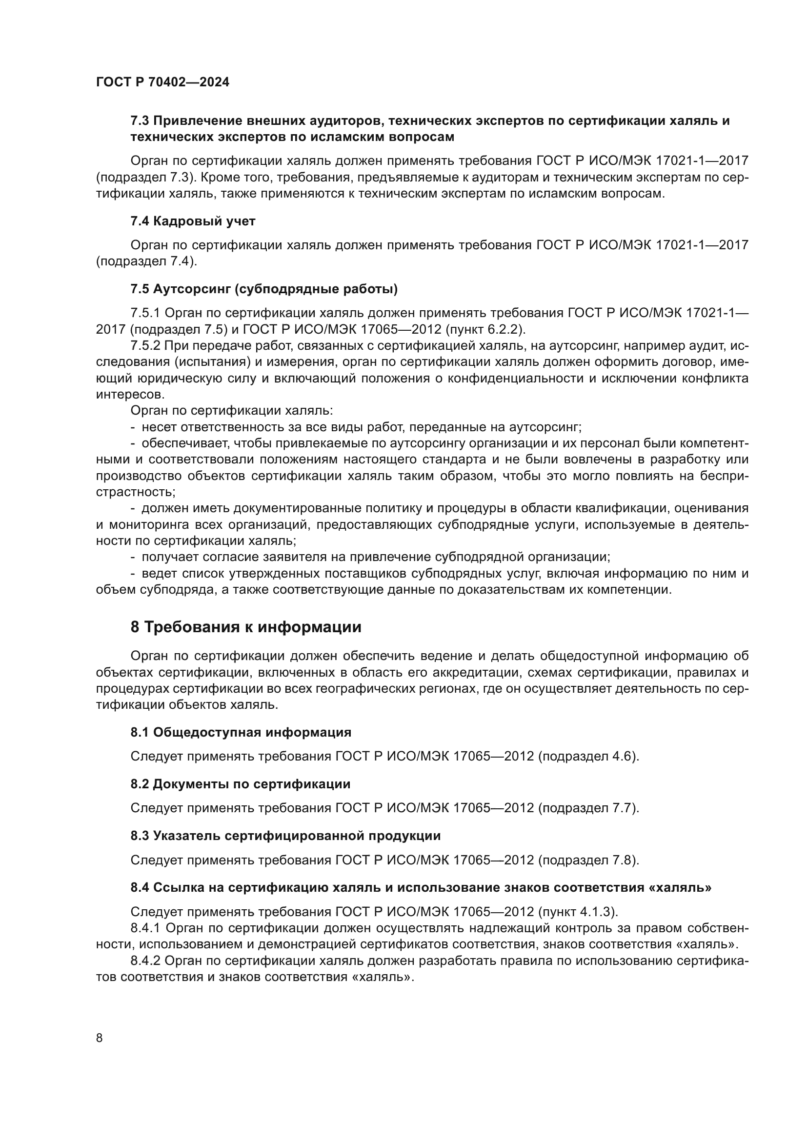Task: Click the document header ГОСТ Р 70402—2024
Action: [162, 82]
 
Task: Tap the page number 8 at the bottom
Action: [100, 1038]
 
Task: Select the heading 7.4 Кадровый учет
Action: [193, 221]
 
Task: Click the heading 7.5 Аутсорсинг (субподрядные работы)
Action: [264, 289]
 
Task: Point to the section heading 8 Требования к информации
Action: [246, 628]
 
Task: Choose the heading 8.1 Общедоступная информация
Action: [241, 732]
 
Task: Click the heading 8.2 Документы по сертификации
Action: [241, 784]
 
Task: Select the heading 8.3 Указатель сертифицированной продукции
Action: [286, 836]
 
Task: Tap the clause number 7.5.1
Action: [145, 313]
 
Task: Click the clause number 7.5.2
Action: [145, 346]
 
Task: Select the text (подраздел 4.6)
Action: [588, 757]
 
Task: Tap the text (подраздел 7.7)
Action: [588, 808]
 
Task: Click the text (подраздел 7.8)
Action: [588, 860]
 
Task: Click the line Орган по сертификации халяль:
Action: [232, 411]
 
